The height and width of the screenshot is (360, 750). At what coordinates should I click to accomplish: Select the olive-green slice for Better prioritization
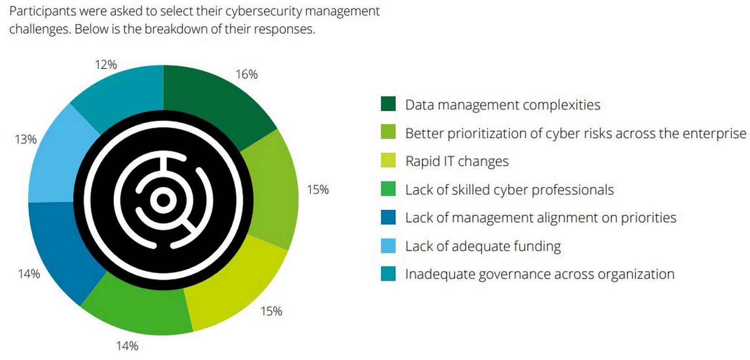(x=274, y=187)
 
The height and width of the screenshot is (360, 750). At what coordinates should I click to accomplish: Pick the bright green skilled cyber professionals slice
(x=136, y=305)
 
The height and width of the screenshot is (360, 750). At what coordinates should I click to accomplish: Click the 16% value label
(x=247, y=75)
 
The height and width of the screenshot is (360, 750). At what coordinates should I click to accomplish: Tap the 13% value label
(x=26, y=139)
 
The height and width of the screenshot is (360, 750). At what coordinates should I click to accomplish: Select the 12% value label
(x=106, y=65)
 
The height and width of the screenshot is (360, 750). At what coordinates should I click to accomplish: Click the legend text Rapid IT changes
(x=457, y=161)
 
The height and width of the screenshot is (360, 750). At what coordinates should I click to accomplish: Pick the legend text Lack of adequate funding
(x=483, y=246)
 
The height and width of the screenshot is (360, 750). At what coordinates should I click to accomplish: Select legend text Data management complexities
(x=502, y=105)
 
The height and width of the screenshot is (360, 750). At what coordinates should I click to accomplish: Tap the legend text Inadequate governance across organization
(x=540, y=274)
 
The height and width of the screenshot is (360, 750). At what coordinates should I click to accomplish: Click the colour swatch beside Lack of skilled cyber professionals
(x=388, y=189)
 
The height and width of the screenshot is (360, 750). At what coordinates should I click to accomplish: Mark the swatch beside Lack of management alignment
(x=388, y=217)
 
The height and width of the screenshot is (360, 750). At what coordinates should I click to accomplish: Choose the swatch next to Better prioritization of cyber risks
(x=388, y=133)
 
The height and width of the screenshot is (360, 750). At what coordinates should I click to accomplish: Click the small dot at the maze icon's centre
(x=163, y=200)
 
